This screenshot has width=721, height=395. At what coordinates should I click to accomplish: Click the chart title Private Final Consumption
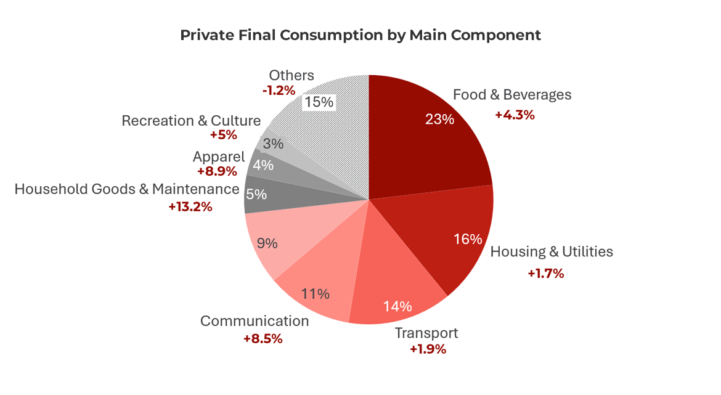click(360, 35)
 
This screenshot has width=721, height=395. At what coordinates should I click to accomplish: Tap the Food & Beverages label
click(512, 95)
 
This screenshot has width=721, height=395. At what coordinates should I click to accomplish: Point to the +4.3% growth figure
click(515, 115)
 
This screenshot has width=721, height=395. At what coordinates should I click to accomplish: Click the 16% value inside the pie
click(467, 239)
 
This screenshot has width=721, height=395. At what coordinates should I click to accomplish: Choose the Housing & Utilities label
click(552, 251)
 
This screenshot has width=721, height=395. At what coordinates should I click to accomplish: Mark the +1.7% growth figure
click(545, 273)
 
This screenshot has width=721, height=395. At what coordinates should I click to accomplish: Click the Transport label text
click(426, 333)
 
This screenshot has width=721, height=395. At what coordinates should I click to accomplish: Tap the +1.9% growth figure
click(428, 349)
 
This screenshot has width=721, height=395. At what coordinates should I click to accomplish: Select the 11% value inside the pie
click(316, 293)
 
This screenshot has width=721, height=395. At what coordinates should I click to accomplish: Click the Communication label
click(255, 321)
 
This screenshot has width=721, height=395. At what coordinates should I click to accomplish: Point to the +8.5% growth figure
click(263, 338)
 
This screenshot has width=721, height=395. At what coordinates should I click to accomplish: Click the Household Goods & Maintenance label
click(127, 189)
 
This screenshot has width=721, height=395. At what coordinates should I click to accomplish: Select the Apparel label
click(219, 157)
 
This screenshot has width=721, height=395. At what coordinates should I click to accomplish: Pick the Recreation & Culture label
click(191, 121)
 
